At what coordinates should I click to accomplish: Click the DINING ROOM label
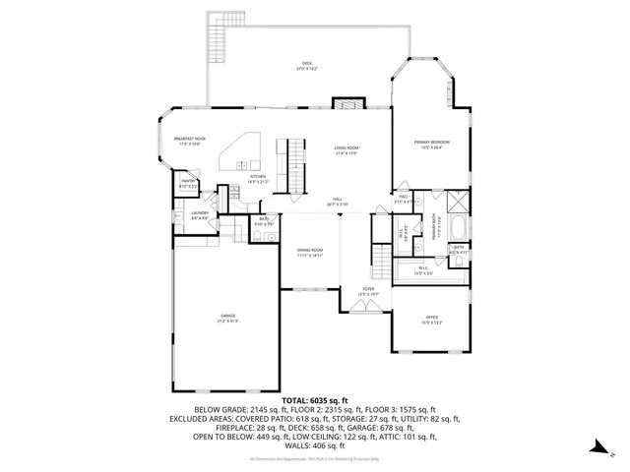tap(310, 252)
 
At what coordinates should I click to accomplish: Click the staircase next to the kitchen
tap(292, 165)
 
